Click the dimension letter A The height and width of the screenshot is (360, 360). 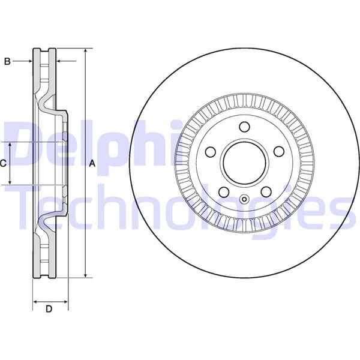(x=92, y=163)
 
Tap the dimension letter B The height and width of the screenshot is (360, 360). (x=8, y=61)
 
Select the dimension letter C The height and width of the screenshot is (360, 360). (x=3, y=163)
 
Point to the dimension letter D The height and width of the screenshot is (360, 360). (x=49, y=309)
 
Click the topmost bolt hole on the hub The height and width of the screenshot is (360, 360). (x=244, y=127)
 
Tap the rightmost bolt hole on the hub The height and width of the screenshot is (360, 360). (x=279, y=152)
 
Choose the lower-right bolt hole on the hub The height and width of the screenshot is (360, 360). (x=266, y=192)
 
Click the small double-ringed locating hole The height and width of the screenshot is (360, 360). (x=244, y=200)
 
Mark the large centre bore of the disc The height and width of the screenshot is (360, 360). (x=244, y=163)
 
